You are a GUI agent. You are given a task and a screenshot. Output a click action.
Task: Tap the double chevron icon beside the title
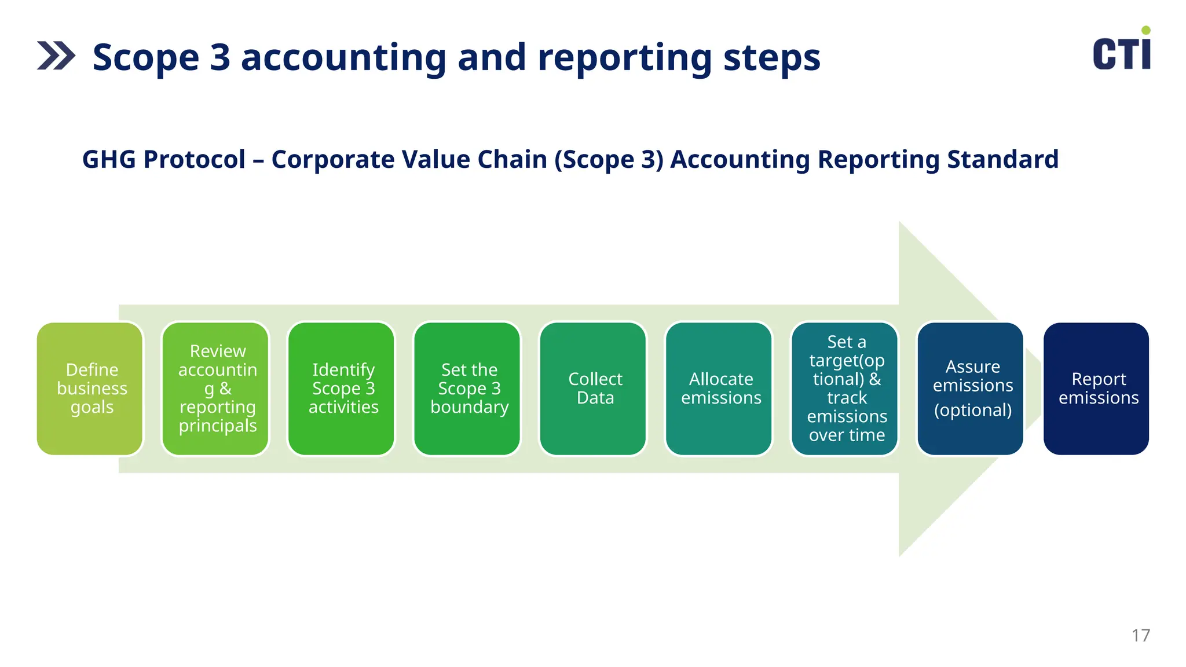[56, 56]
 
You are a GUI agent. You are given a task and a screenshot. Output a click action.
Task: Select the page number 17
[1140, 635]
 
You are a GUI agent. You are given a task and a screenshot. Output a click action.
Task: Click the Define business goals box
[90, 389]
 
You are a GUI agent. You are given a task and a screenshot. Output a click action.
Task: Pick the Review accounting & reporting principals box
[216, 389]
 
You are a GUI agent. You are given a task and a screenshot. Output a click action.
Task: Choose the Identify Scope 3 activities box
[342, 389]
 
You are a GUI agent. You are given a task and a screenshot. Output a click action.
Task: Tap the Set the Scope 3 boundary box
[468, 389]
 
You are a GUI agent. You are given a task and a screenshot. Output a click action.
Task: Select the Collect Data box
[594, 389]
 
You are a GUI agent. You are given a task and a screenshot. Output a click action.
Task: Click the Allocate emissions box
[719, 389]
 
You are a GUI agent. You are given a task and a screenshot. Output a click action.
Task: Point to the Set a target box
[845, 389]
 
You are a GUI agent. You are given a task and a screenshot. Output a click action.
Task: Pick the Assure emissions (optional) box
[971, 389]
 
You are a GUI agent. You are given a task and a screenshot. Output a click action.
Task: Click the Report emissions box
[1096, 389]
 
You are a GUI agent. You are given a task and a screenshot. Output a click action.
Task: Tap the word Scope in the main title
[146, 58]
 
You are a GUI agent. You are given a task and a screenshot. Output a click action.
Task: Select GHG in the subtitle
[108, 159]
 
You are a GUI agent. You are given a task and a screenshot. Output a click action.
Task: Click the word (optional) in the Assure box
[972, 410]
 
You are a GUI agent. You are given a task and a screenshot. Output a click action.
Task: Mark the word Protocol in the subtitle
[195, 159]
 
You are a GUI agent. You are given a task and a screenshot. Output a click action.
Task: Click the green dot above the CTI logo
[1145, 30]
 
